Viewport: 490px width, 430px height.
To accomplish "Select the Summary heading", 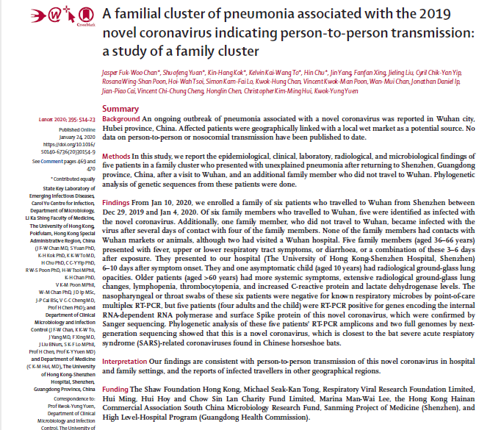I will click(x=121, y=109).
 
